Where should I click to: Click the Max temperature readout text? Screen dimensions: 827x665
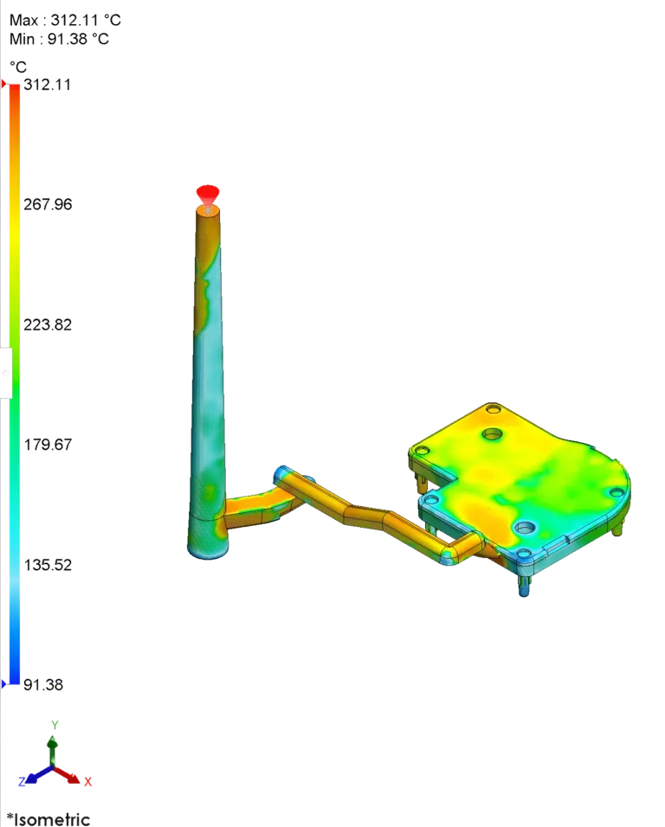[x=66, y=20]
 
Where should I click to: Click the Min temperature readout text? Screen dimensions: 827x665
[x=60, y=39]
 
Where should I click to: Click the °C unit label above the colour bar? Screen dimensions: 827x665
[x=17, y=67]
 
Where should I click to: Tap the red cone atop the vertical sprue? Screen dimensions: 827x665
[x=207, y=191]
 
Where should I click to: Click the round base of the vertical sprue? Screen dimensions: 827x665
[x=209, y=546]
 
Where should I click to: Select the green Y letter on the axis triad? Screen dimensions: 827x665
[x=55, y=725]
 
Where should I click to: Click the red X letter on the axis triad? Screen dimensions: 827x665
[x=88, y=781]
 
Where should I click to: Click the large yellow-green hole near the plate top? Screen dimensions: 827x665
[x=493, y=432]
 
